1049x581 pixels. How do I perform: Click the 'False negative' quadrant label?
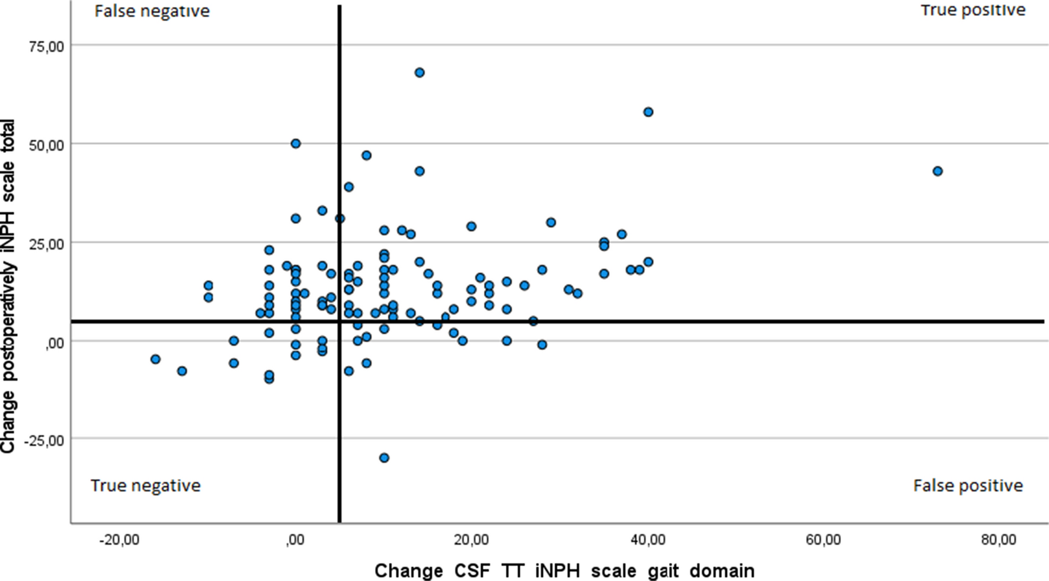tap(152, 11)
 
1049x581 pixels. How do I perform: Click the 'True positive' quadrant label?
tap(973, 10)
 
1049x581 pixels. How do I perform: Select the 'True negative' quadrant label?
tap(145, 486)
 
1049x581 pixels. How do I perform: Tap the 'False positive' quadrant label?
tap(968, 486)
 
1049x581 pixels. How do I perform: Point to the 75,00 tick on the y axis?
tap(46, 46)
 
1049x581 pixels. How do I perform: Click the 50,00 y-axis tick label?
tap(46, 145)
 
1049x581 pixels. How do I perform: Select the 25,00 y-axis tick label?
tap(46, 244)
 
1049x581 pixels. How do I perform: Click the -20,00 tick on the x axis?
tap(119, 540)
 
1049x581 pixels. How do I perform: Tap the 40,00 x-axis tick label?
tap(648, 540)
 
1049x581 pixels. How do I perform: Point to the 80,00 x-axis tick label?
tap(999, 540)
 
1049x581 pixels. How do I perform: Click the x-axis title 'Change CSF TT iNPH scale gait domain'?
tap(564, 570)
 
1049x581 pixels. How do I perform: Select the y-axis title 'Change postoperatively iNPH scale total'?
tap(8, 286)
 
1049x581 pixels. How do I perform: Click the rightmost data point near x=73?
tap(938, 171)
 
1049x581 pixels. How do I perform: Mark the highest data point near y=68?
tap(420, 73)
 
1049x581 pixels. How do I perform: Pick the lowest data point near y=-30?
tap(384, 458)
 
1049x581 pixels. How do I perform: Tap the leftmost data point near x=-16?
tap(155, 359)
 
